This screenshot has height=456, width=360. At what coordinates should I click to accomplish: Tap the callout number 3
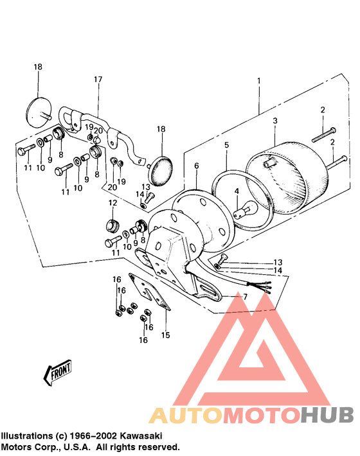274,121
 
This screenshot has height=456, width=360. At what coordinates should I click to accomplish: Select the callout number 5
226,146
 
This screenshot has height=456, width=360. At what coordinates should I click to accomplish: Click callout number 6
196,166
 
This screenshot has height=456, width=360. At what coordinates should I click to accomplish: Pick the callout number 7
244,297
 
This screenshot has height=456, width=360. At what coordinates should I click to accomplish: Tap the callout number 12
113,203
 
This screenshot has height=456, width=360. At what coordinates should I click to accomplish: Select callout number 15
165,335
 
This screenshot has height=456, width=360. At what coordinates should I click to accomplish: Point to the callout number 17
98,80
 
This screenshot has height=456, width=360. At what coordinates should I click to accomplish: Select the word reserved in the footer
160,446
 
